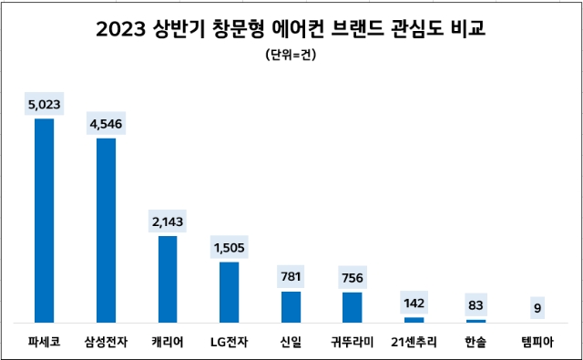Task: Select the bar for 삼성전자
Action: pyautogui.click(x=106, y=231)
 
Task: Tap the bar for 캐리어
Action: pyautogui.click(x=168, y=279)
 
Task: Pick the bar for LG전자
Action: pyautogui.click(x=230, y=292)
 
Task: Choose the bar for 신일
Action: pyautogui.click(x=291, y=307)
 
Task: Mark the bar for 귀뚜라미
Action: pyautogui.click(x=353, y=307)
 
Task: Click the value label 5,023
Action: pyautogui.click(x=44, y=105)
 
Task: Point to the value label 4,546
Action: pyautogui.click(x=106, y=124)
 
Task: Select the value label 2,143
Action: pyautogui.click(x=168, y=221)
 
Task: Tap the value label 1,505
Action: pyautogui.click(x=230, y=248)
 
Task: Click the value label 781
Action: pyautogui.click(x=291, y=277)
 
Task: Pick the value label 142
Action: pyautogui.click(x=414, y=303)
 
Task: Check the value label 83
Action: pyautogui.click(x=476, y=305)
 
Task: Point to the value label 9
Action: pyautogui.click(x=537, y=308)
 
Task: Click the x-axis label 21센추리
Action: pyautogui.click(x=414, y=342)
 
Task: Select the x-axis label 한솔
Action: pyautogui.click(x=476, y=342)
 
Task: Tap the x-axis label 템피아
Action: pyautogui.click(x=537, y=342)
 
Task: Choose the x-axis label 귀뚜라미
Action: pyautogui.click(x=353, y=342)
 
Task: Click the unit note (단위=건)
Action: pyautogui.click(x=291, y=56)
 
